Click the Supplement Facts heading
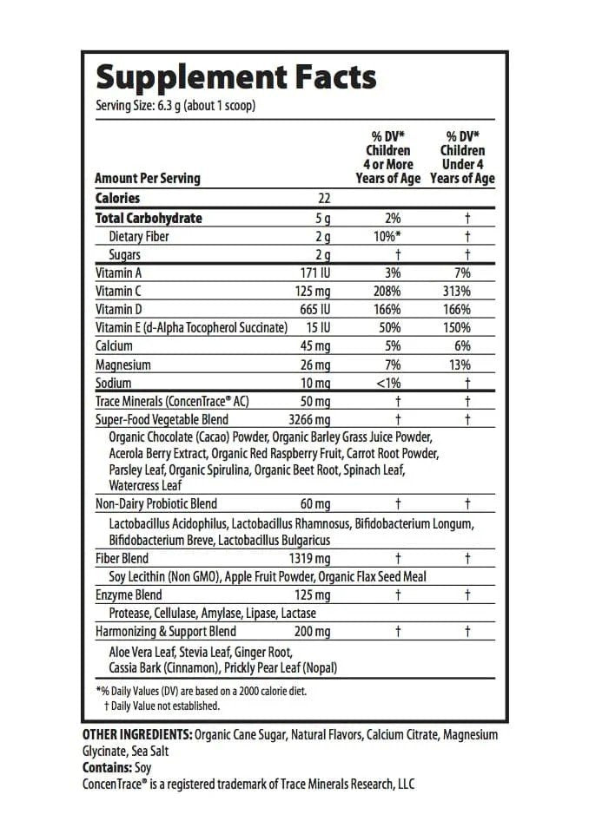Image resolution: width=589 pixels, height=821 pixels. (235, 77)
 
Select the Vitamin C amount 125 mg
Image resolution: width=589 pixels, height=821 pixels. (313, 291)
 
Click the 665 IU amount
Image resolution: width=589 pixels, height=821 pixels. (314, 309)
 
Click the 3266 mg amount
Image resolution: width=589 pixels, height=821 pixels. (310, 419)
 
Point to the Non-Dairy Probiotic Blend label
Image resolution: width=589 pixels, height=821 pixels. (156, 503)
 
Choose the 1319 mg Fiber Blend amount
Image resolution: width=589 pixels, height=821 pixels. (310, 558)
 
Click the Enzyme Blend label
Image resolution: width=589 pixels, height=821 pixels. (129, 595)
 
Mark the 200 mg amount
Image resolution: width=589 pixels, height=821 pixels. (313, 632)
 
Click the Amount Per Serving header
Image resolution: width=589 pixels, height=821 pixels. (148, 178)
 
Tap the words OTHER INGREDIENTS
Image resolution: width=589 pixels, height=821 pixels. (136, 735)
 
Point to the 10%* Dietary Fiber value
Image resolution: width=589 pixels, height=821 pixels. (387, 236)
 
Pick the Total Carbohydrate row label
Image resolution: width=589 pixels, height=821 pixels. (149, 218)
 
